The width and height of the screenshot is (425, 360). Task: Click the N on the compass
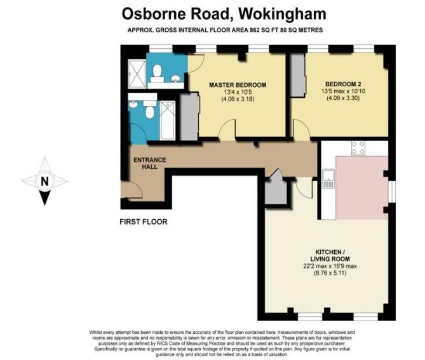point(44,181)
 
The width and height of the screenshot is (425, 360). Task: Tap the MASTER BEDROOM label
point(238,84)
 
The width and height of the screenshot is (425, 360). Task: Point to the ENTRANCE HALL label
point(149,163)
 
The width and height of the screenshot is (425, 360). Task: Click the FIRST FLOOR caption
point(144,222)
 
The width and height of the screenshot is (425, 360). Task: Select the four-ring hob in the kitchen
point(358,148)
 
